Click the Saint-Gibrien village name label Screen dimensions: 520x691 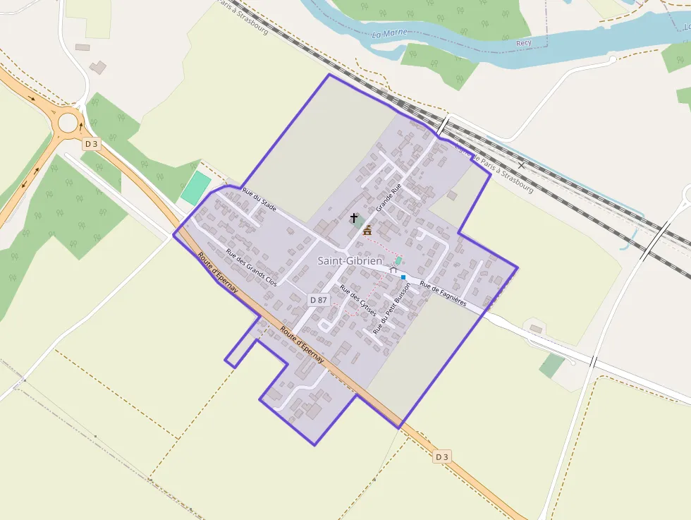350,261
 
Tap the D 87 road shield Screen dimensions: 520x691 319,300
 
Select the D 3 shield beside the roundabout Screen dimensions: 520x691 91,144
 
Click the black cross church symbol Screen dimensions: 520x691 353,219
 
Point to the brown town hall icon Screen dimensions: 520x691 367,230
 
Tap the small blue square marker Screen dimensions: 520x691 403,277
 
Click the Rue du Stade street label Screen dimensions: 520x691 259,200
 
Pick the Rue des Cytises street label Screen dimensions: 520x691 357,298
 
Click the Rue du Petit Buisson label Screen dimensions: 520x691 391,308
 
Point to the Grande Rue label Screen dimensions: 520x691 388,198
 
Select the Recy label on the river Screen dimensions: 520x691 523,43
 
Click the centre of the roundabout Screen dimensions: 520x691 68,123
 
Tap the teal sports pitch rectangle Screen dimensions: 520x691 195,188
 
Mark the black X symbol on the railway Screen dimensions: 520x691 521,165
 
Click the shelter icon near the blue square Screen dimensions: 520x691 393,270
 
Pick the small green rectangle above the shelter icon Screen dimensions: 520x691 398,260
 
